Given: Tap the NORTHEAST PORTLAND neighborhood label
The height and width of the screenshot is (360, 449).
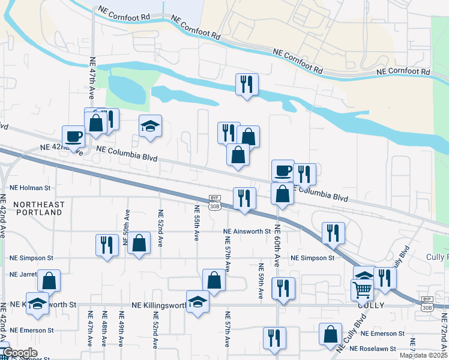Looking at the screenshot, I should click(38, 209).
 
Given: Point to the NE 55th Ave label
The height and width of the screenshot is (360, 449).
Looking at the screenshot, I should click(196, 223).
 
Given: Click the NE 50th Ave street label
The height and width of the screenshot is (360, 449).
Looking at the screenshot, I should click(127, 223).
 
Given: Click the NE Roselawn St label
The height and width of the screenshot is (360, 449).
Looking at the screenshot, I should click(373, 349).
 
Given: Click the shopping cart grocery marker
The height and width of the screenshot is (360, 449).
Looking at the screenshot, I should click(362, 290).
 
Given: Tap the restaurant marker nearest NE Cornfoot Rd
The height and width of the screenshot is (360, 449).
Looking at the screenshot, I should click(247, 84).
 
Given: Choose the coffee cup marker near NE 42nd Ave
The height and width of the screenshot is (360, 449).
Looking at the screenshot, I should click(74, 136).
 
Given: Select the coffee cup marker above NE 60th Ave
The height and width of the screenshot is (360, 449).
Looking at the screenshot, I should click(283, 170).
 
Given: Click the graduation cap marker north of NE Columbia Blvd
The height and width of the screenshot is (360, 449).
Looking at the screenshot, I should click(151, 126).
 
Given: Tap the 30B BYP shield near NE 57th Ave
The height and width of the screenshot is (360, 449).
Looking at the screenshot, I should click(215, 202).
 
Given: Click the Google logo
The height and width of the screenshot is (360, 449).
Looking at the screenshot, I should click(19, 353).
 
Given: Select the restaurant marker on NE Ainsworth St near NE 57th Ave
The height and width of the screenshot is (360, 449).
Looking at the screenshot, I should click(244, 198).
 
